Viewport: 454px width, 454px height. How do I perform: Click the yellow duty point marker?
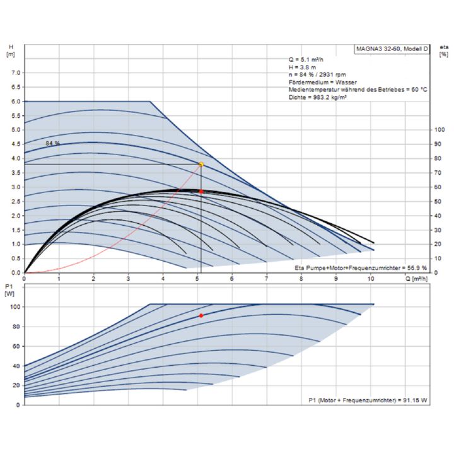tap(201, 165)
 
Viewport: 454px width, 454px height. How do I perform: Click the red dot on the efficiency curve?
tap(201, 191)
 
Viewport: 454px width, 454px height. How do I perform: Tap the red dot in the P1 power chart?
tap(201, 315)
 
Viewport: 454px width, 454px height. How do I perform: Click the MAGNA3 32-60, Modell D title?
tap(392, 49)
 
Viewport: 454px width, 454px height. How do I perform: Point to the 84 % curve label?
tap(53, 144)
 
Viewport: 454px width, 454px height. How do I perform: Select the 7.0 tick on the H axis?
tap(15, 73)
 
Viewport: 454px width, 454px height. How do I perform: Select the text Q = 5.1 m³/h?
tap(303, 59)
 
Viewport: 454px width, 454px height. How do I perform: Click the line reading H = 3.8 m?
tap(298, 67)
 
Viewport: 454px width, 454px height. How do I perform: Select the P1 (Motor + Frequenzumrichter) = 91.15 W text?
tap(368, 400)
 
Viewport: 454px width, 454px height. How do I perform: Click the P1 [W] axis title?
tap(9, 290)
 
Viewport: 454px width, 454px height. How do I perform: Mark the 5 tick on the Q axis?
tap(197, 278)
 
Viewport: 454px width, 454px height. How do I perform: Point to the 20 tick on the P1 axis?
tap(15, 385)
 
